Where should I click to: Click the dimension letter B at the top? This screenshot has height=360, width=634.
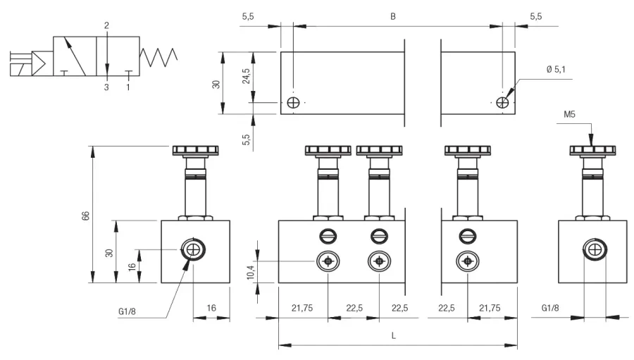point(392,17)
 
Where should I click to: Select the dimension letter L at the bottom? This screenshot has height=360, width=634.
point(393,336)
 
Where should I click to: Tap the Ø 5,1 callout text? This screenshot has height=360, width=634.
point(556,70)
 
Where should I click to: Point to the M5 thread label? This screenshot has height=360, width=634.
point(569,114)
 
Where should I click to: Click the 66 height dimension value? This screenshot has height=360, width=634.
point(86,216)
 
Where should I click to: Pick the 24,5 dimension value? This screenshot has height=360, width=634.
point(247,76)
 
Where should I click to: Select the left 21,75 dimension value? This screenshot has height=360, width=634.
point(302,309)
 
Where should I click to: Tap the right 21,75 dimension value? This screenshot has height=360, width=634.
point(490,309)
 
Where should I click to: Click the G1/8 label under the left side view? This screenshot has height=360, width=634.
point(127,311)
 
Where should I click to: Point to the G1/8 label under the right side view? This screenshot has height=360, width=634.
point(550,309)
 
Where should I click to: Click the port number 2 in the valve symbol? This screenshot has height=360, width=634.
point(107,25)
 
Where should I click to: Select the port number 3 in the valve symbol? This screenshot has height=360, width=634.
point(106,87)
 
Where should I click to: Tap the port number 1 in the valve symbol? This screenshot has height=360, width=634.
point(128,87)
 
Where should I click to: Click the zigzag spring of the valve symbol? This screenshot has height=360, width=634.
point(158,57)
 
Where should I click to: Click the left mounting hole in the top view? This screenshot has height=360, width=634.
point(293,103)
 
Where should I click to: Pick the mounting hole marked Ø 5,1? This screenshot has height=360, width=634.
point(502,103)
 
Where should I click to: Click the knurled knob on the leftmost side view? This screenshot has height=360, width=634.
point(196,151)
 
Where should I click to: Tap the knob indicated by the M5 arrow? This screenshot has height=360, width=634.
point(592,151)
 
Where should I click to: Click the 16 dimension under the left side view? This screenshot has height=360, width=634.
point(211,309)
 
